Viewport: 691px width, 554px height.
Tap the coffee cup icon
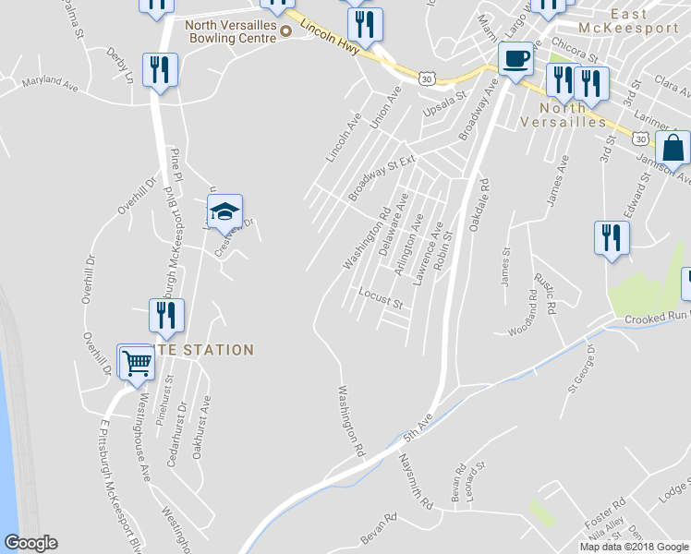515,59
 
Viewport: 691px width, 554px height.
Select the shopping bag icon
674,148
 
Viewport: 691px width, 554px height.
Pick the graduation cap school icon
224,212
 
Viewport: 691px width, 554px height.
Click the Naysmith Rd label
416,481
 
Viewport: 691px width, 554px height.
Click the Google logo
30,543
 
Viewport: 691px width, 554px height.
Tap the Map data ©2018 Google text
633,547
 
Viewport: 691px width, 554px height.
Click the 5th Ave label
418,428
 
